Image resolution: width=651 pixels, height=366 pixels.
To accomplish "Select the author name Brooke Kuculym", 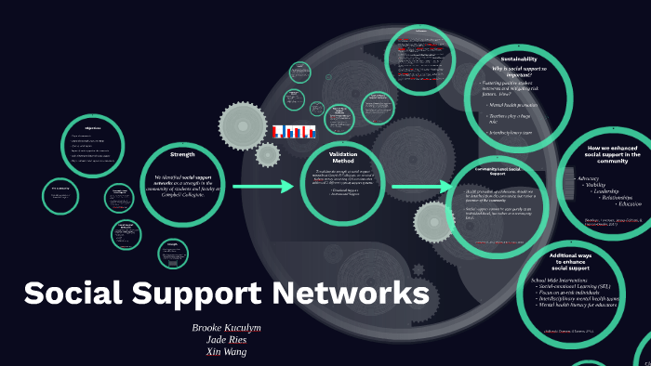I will point(227,329).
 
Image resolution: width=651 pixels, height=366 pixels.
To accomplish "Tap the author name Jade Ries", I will point(227,340).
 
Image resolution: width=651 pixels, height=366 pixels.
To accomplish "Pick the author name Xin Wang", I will point(227,352).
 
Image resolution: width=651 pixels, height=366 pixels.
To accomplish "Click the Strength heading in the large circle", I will point(182,153).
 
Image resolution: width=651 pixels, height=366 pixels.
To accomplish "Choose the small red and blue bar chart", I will point(294,132).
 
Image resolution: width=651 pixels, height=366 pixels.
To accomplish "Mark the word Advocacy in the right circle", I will point(589,177).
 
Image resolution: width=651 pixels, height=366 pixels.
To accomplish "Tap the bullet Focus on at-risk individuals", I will point(573,294).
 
